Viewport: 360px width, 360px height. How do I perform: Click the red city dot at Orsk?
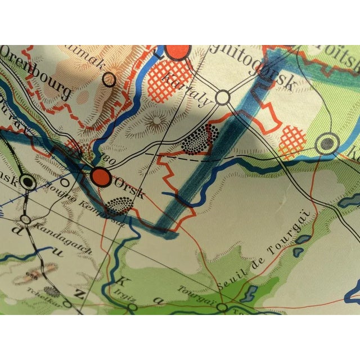(101, 175)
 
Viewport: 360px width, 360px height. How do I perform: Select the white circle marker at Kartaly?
(224, 100)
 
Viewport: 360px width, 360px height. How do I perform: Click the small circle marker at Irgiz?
(133, 307)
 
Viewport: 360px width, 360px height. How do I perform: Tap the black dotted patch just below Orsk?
(119, 206)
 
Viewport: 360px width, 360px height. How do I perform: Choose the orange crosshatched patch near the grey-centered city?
(292, 142)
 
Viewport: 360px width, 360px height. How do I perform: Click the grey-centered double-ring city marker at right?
(325, 144)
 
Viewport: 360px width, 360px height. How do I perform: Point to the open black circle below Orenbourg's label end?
(109, 80)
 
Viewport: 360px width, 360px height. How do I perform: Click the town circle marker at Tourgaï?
(223, 308)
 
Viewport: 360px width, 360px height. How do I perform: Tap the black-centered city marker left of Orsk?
(25, 182)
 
